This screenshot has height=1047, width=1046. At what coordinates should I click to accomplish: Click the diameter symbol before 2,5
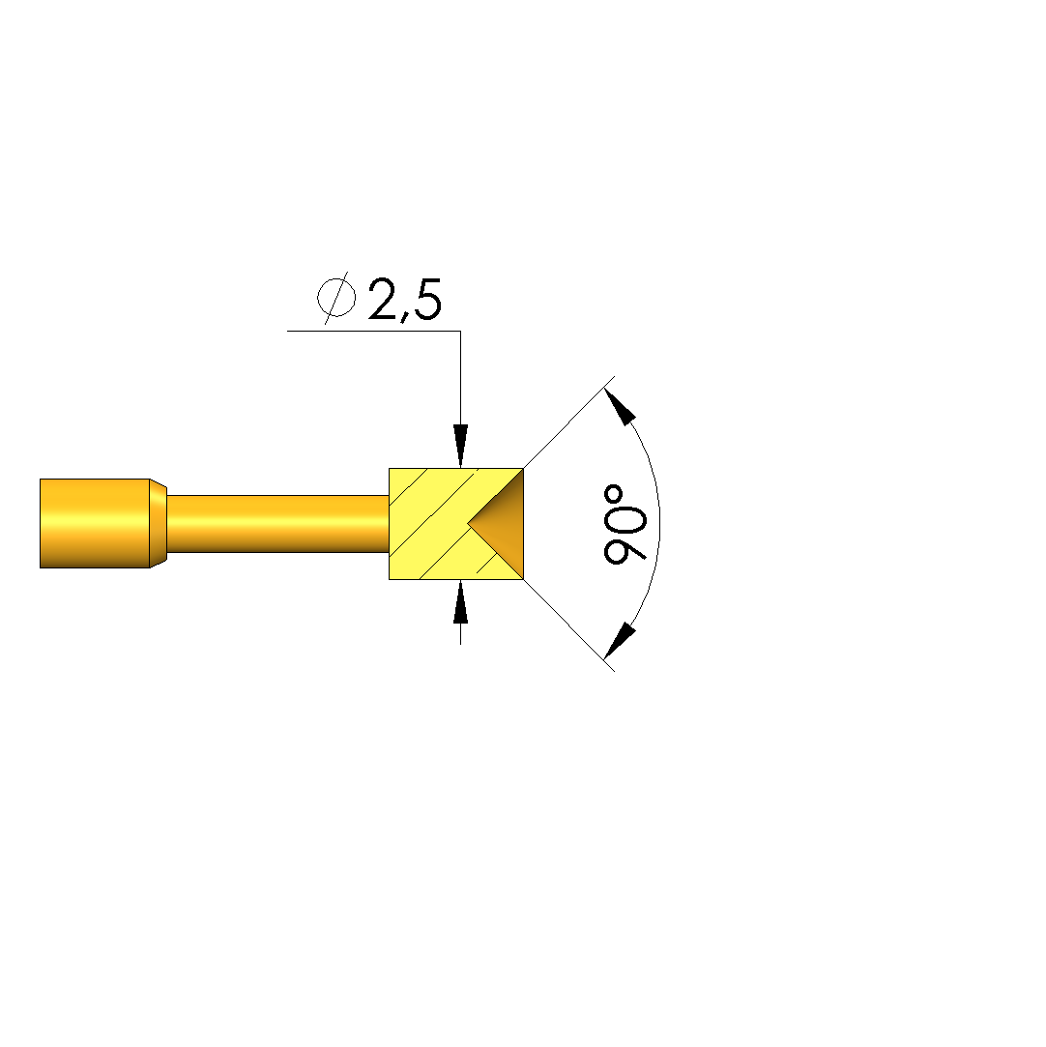pos(335,298)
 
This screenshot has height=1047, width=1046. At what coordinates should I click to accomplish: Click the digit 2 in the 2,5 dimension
pos(383,299)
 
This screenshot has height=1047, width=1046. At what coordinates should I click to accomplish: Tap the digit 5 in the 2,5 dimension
pos(427,299)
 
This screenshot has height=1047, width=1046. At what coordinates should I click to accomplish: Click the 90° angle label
pos(625,525)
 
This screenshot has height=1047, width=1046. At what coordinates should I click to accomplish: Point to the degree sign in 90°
pos(613,494)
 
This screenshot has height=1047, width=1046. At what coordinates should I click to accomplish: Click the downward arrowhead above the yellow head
pos(460,446)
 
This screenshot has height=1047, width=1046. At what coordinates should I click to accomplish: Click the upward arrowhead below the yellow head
pos(460,601)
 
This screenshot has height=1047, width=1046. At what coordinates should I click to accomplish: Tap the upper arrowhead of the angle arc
pos(620,405)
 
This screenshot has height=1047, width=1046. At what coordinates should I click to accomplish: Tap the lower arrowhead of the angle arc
pos(620,641)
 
